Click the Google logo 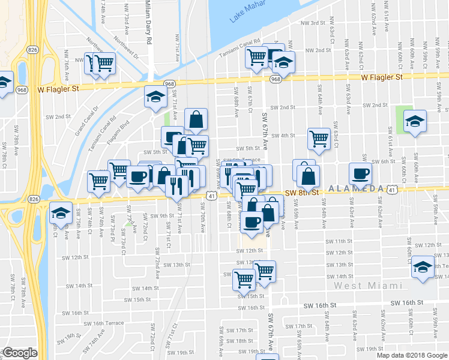(20, 353)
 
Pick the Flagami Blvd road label (118, 132)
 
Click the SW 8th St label (300, 193)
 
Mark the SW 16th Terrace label (104, 323)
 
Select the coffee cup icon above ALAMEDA (360, 173)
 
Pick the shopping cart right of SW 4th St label (319, 138)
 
